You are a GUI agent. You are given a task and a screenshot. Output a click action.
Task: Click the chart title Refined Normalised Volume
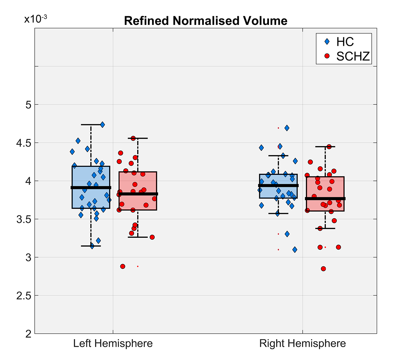(206, 21)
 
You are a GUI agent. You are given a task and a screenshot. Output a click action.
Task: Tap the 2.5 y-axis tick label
(24, 296)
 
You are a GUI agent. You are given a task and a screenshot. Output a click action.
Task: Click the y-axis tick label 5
(28, 105)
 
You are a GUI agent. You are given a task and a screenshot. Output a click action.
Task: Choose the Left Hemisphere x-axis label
(113, 343)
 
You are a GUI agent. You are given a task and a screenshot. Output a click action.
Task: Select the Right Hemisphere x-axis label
(302, 343)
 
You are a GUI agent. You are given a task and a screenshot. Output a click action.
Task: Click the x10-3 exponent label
(35, 19)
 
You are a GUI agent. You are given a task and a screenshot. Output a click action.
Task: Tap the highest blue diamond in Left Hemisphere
(102, 125)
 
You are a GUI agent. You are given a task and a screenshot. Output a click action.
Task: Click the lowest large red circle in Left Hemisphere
(123, 266)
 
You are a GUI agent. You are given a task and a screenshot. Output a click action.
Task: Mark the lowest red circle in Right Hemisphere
(323, 269)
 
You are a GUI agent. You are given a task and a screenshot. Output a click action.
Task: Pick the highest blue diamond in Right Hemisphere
(287, 128)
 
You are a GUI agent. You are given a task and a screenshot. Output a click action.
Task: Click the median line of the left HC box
(91, 188)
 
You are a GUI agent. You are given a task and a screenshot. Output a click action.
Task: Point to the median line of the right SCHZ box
(325, 199)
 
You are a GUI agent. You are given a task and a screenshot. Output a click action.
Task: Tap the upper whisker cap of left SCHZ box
(137, 138)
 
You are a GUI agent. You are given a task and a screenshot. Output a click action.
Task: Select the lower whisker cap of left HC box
(91, 246)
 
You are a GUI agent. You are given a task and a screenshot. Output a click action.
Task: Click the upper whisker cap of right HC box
(278, 156)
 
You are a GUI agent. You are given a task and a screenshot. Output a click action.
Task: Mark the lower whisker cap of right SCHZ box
(325, 228)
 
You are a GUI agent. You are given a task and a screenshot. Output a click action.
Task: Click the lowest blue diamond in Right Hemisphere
(295, 250)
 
